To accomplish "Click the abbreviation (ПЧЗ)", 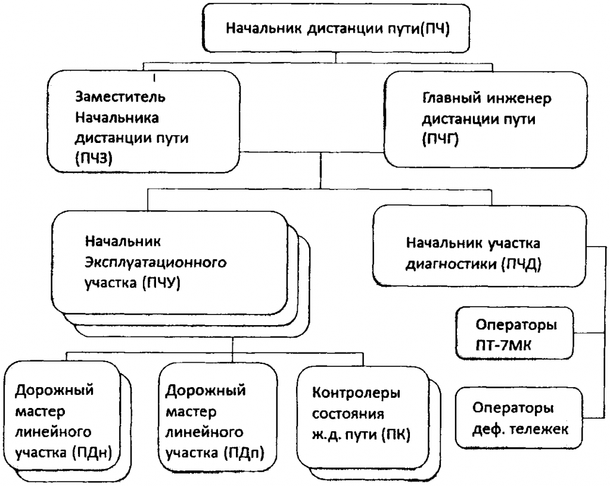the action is (x=94, y=158).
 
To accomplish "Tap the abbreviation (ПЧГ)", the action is (x=440, y=139).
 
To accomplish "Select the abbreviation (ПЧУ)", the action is (x=161, y=283).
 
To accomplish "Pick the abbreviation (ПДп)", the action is (x=244, y=453).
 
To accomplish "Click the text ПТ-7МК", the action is (x=503, y=345).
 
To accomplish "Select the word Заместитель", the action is (x=120, y=96).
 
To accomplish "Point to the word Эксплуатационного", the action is (x=155, y=263).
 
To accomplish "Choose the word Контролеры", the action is (x=356, y=393).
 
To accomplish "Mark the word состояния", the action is (x=348, y=414).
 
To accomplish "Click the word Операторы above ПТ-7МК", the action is (x=516, y=325).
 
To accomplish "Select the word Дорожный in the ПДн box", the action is (x=54, y=390).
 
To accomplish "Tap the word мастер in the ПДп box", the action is (x=191, y=412).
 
